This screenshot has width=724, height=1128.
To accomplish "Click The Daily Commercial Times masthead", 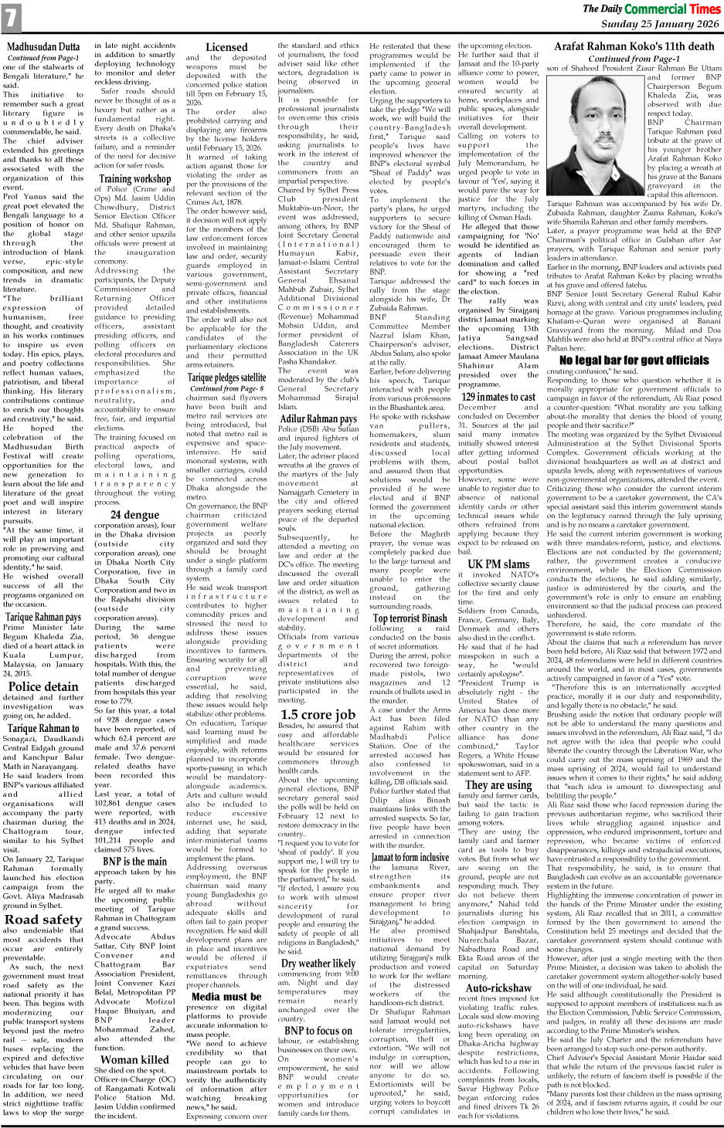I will [x=651, y=9].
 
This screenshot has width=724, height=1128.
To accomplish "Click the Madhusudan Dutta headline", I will [x=43, y=47].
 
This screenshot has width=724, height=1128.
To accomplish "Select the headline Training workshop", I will [x=135, y=178].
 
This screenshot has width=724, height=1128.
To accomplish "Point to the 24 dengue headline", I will [x=134, y=514].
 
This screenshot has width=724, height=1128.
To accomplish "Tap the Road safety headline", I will [x=43, y=920].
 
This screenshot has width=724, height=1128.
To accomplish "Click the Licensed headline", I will [x=226, y=47].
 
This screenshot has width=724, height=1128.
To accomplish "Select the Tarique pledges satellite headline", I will [x=226, y=378].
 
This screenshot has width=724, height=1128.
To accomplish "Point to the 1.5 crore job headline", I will [x=318, y=715].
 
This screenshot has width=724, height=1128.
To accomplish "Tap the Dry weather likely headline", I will [x=318, y=963].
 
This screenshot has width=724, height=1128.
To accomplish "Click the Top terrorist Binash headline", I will [x=410, y=618].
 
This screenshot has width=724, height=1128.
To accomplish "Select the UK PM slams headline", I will [x=498, y=564].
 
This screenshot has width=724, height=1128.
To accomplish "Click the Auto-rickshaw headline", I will [x=498, y=987].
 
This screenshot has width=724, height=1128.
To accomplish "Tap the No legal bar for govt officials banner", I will [x=634, y=360].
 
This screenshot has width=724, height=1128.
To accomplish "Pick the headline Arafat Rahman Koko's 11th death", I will [x=634, y=46].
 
